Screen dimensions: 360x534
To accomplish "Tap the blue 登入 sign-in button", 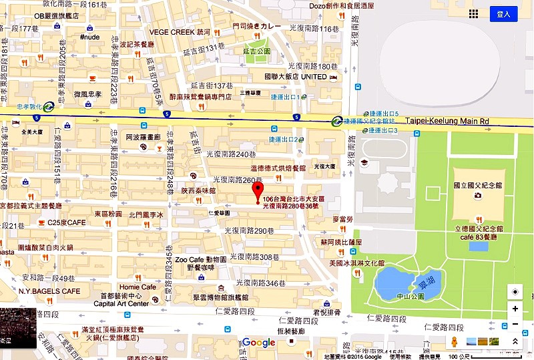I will click(503, 14).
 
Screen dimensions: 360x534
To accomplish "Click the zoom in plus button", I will click(515, 309).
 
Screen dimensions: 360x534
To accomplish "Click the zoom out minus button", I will click(515, 325).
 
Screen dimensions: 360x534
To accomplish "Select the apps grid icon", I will click(473, 14).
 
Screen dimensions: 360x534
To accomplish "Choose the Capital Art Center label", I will click(121, 303).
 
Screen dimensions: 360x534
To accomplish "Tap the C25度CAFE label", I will click(67, 222).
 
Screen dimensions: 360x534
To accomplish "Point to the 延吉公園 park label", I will click(257, 51).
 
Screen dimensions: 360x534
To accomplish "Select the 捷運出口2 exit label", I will click(282, 140).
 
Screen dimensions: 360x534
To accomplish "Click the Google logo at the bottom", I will click(258, 343).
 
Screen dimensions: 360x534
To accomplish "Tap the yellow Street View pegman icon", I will click(455, 341).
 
